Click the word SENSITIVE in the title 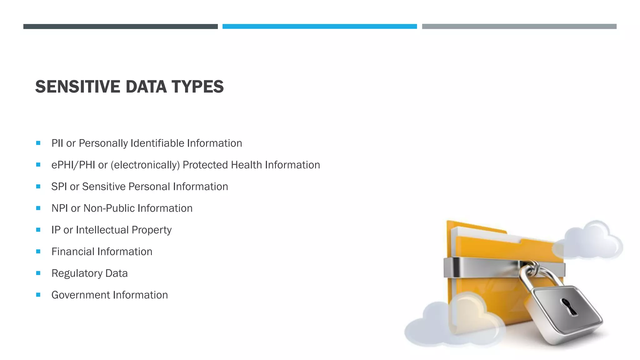click(x=77, y=87)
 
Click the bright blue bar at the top click(x=319, y=27)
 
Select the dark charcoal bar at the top click(x=120, y=27)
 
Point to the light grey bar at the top click(x=519, y=27)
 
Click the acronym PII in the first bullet click(x=57, y=143)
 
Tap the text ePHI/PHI click(x=73, y=165)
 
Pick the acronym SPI click(x=59, y=187)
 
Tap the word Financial click(x=73, y=252)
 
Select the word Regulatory click(x=77, y=273)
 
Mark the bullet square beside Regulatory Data click(x=38, y=273)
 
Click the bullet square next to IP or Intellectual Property click(x=38, y=230)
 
